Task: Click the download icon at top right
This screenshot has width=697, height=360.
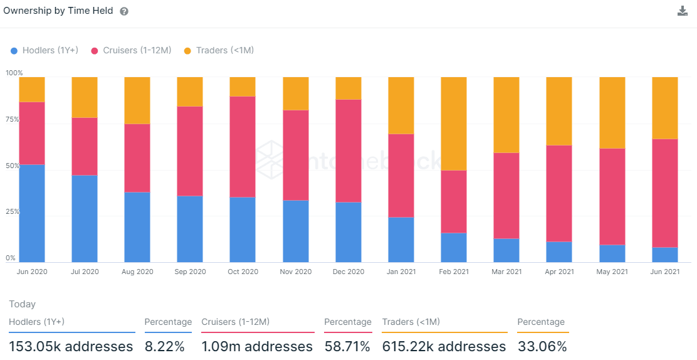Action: click(x=683, y=11)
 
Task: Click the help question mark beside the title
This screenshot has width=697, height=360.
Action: click(x=124, y=11)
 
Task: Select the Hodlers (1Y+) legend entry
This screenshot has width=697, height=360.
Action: click(x=44, y=50)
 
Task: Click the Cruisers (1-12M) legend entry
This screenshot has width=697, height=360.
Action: click(x=131, y=50)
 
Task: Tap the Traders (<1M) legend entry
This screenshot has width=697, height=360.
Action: click(x=219, y=50)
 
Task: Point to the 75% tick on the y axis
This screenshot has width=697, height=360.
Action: click(x=13, y=119)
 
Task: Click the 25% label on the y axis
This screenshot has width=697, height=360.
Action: click(x=13, y=212)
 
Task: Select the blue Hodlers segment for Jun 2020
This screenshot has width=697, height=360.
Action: click(x=32, y=213)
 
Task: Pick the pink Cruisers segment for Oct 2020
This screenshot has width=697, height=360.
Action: click(x=243, y=147)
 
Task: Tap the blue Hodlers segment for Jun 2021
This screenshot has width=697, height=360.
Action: click(x=665, y=255)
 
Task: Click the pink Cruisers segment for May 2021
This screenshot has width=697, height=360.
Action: click(x=612, y=196)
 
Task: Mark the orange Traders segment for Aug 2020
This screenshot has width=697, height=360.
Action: click(x=137, y=100)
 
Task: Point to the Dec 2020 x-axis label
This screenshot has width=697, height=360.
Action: click(x=348, y=272)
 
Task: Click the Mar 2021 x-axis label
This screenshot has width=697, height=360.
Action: click(x=506, y=272)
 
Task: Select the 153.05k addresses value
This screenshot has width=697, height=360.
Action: click(x=71, y=346)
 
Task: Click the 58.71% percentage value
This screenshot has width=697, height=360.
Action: click(x=347, y=346)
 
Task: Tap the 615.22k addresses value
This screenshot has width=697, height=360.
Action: click(x=444, y=346)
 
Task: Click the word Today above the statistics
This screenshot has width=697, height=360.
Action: click(x=23, y=304)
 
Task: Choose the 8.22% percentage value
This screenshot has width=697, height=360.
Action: click(x=165, y=346)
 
